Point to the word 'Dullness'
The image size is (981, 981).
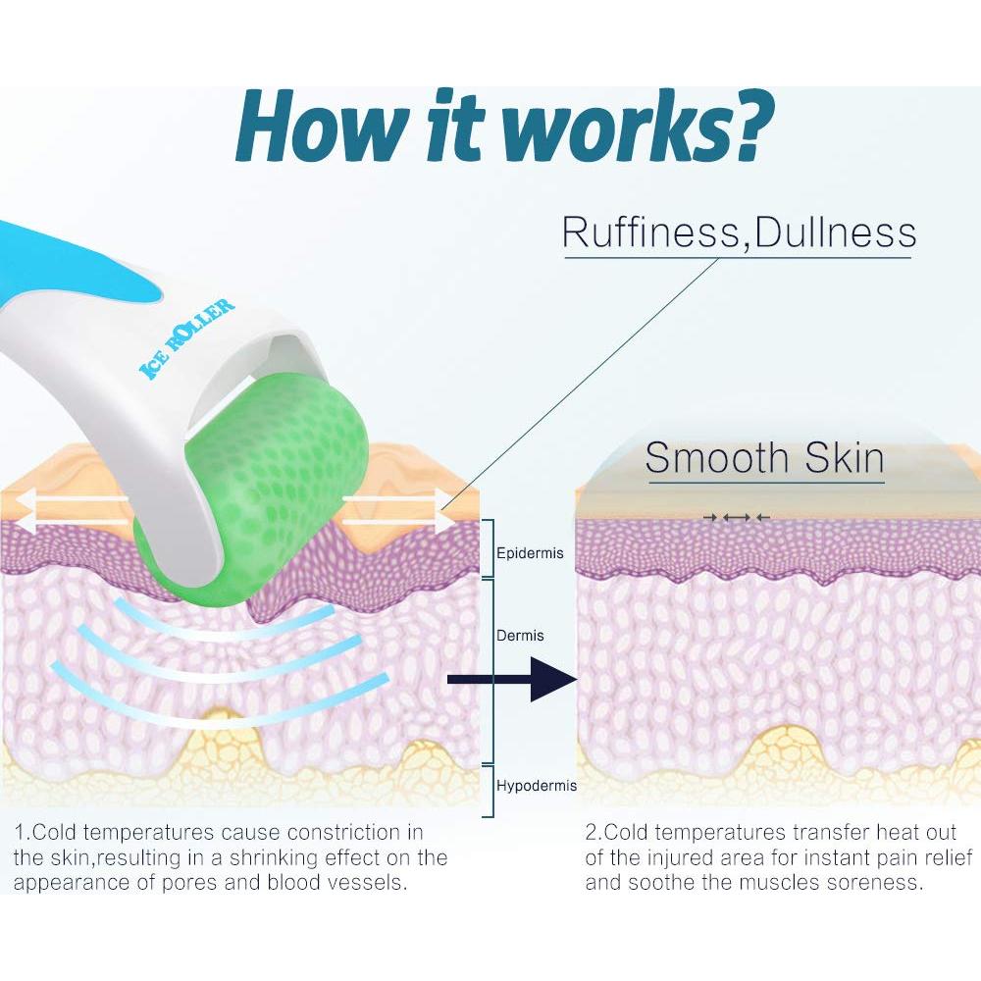pyautogui.click(x=835, y=232)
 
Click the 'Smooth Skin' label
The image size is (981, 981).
pyautogui.click(x=764, y=458)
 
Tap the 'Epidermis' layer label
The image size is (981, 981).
pyautogui.click(x=530, y=553)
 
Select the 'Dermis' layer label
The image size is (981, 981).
pyautogui.click(x=520, y=636)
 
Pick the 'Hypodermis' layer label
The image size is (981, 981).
pyautogui.click(x=537, y=786)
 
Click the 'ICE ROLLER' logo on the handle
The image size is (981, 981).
pyautogui.click(x=186, y=338)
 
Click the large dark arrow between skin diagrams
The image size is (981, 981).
pyautogui.click(x=512, y=680)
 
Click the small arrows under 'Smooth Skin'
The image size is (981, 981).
pyautogui.click(x=737, y=517)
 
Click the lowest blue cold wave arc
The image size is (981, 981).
pyautogui.click(x=219, y=710)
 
